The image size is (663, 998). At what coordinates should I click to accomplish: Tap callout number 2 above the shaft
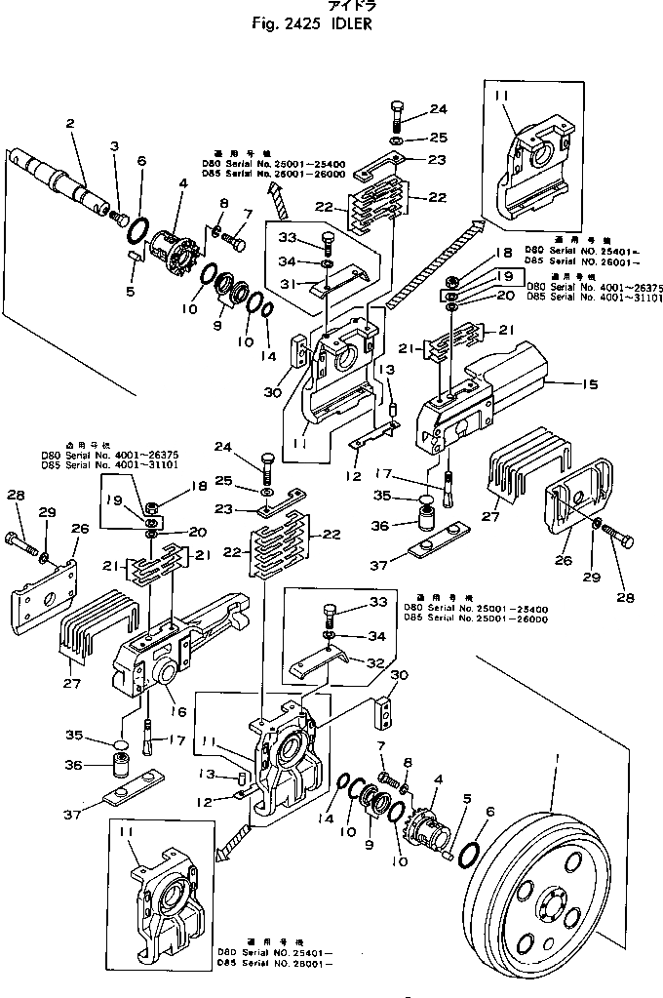[70, 124]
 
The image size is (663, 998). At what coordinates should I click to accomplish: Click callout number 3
[114, 146]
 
